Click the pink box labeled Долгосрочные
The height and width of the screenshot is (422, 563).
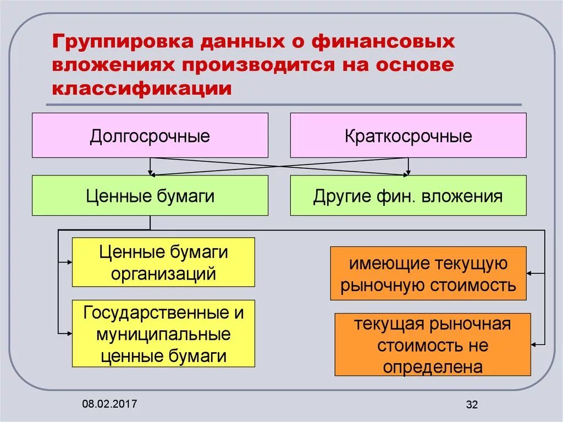pyautogui.click(x=150, y=135)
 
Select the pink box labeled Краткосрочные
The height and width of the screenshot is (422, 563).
pyautogui.click(x=408, y=135)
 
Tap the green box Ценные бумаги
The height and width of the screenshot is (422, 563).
pyautogui.click(x=150, y=195)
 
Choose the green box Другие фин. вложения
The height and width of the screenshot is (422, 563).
pyautogui.click(x=408, y=195)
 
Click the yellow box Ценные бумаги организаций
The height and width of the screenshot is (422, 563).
pyautogui.click(x=163, y=262)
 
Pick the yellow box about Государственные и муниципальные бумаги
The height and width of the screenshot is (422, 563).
pyautogui.click(x=163, y=333)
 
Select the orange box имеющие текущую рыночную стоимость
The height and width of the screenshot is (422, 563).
pyautogui.click(x=428, y=273)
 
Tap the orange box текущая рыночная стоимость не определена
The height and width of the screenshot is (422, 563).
pyautogui.click(x=432, y=344)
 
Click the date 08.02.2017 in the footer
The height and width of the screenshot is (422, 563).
pyautogui.click(x=110, y=404)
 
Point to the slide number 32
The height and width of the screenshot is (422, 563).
pyautogui.click(x=472, y=405)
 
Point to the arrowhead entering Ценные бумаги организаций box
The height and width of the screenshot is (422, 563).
pyautogui.click(x=69, y=262)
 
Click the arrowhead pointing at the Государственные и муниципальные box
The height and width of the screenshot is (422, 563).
pyautogui.click(x=69, y=333)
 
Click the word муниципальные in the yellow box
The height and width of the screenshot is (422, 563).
pyautogui.click(x=163, y=334)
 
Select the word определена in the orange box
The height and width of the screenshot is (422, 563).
pyautogui.click(x=432, y=366)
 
